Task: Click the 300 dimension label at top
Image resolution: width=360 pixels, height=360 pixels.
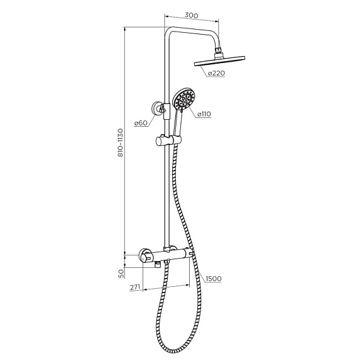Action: (x=191, y=15)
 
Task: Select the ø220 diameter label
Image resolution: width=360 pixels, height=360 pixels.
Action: (x=216, y=73)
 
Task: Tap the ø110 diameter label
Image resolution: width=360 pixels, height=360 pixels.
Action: (x=204, y=114)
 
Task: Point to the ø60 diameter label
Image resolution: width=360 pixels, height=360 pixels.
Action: (x=141, y=123)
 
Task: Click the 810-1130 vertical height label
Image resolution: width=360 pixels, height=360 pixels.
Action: (x=120, y=143)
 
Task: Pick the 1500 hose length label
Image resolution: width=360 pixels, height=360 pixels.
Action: (x=214, y=279)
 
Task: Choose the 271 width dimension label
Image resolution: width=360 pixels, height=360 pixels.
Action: (x=135, y=287)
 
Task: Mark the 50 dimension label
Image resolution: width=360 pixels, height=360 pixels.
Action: (x=121, y=274)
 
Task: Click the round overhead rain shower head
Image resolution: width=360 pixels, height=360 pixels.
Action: (x=219, y=61)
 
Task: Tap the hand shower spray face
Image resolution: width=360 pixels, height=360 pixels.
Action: (x=183, y=100)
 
